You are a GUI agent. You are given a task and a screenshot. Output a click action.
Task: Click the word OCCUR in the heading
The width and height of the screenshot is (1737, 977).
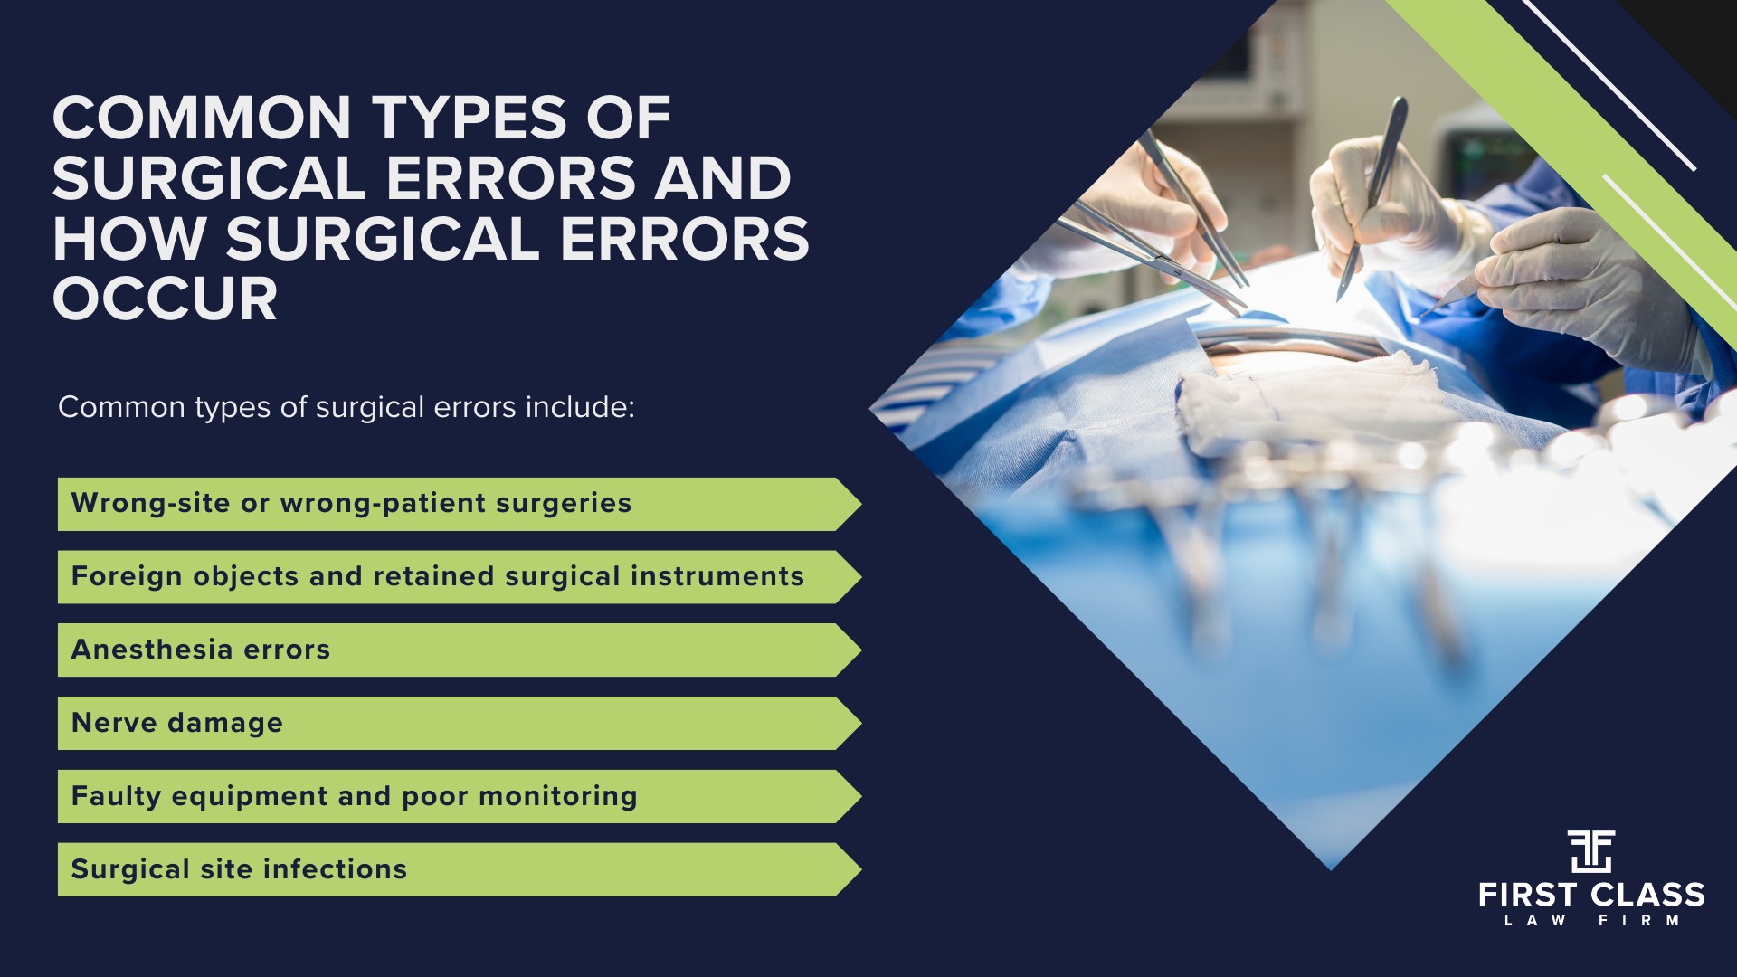point(165,299)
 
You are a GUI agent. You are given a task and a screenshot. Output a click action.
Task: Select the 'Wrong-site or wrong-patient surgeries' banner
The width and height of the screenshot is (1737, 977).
point(351,504)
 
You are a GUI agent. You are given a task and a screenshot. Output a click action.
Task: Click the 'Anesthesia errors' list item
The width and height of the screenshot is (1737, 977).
point(201,650)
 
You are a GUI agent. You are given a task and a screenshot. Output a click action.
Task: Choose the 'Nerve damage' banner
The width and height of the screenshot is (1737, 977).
point(177,723)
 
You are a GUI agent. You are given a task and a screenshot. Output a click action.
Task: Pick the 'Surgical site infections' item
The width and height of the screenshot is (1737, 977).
point(239,869)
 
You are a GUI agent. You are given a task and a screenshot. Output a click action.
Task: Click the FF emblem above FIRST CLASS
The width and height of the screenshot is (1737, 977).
point(1591,850)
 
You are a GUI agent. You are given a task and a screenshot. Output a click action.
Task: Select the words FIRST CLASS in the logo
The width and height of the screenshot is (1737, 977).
point(1591,896)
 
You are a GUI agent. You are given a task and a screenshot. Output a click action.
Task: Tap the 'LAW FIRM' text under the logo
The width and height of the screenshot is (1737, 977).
point(1591,920)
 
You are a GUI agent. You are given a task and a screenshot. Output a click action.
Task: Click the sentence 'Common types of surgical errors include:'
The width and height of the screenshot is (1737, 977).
point(346,407)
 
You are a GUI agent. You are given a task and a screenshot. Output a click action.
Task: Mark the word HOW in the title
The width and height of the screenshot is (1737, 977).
point(129,239)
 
